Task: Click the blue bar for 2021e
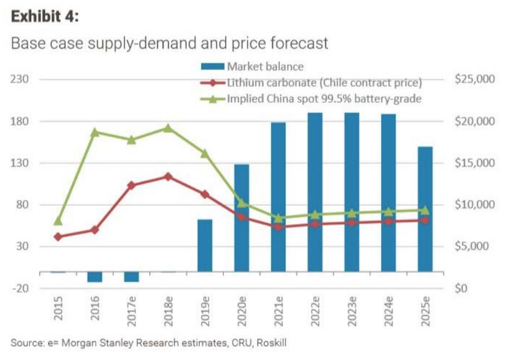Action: [x=278, y=197]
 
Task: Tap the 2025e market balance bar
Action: [x=425, y=209]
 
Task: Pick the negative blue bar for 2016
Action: [x=95, y=277]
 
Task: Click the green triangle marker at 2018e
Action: [x=168, y=128]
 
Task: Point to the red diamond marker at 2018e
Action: [x=168, y=177]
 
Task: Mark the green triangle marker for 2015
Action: [x=58, y=221]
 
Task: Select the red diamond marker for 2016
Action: [x=95, y=230]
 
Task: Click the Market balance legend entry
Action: [x=265, y=67]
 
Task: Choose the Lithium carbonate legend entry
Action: [x=323, y=83]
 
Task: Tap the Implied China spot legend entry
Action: [x=323, y=99]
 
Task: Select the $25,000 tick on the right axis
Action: [x=475, y=79]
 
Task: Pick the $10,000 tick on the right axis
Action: [x=475, y=205]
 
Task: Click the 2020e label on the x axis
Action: [x=241, y=311]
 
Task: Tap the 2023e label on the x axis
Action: [x=352, y=311]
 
